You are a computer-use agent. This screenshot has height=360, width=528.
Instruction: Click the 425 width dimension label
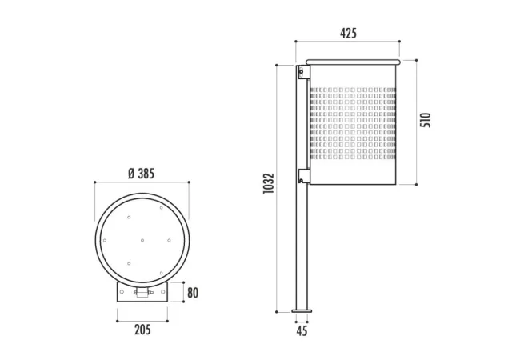point(348,34)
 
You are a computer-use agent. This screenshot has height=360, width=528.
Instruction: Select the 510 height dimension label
point(426,120)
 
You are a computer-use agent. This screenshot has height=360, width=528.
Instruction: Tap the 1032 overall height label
point(269,183)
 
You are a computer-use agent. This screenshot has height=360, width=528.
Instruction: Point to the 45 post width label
point(302,331)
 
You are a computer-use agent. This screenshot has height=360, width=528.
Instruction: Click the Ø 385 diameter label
point(142,174)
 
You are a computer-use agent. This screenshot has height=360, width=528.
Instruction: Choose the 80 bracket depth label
point(193,293)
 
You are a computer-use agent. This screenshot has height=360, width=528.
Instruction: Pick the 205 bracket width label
point(142,330)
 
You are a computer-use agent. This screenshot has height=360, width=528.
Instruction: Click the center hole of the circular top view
point(142,240)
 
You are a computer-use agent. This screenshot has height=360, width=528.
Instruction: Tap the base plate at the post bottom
point(302,311)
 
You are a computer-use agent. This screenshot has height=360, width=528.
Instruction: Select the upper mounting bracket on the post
point(303,72)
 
